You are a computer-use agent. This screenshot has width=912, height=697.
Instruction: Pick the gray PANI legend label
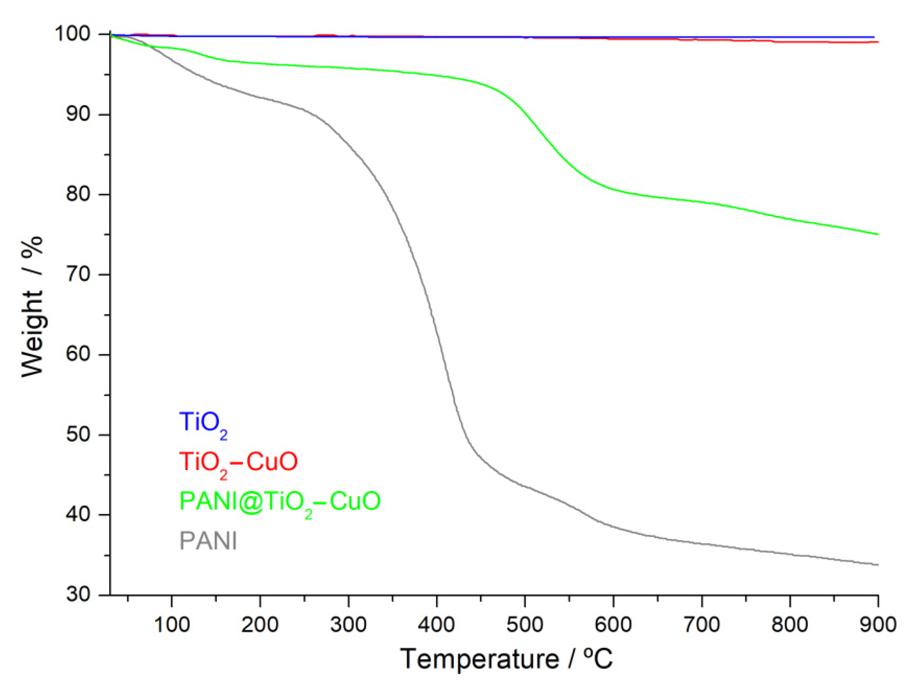coord(208,541)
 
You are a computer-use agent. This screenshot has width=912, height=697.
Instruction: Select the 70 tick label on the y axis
coord(78,274)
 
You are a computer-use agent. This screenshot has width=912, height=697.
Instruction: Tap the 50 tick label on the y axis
coord(78,435)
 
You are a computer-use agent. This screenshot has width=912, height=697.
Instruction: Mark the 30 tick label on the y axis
coord(78,594)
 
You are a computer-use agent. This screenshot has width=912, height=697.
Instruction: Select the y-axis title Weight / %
coord(32,307)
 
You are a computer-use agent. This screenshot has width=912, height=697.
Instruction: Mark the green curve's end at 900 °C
coord(877,234)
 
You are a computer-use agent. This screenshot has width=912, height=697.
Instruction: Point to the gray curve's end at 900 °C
coord(877,564)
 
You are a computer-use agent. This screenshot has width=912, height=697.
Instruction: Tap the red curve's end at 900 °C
coord(877,42)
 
